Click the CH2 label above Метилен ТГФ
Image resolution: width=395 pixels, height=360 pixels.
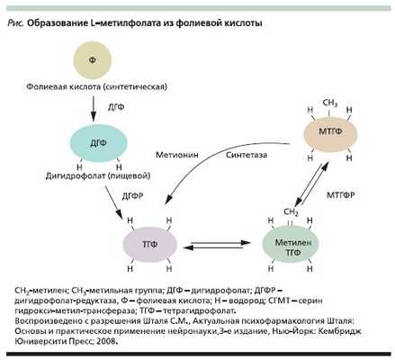click(291, 211)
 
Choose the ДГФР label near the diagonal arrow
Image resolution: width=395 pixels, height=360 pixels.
click(132, 194)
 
